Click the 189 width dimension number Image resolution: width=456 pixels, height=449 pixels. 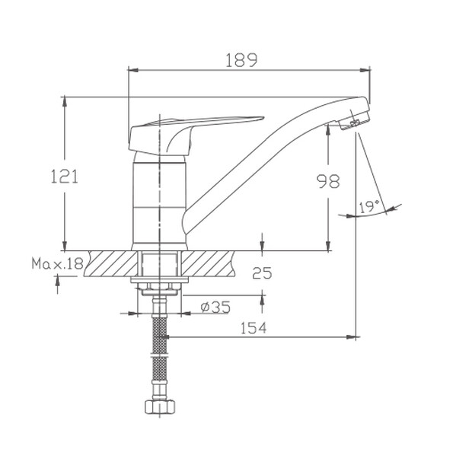[241, 60]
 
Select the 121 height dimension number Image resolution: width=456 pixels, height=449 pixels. [65, 177]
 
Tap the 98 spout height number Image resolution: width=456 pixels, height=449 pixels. [328, 181]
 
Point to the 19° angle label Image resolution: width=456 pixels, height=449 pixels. [368, 206]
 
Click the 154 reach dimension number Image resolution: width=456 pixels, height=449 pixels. [254, 328]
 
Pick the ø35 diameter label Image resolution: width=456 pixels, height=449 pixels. [215, 307]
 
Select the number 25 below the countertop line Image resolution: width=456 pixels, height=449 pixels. [262, 272]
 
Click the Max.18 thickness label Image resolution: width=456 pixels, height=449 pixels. [57, 264]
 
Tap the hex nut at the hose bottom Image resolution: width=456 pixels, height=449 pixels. [160, 406]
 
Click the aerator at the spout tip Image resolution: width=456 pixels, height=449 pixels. [354, 121]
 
